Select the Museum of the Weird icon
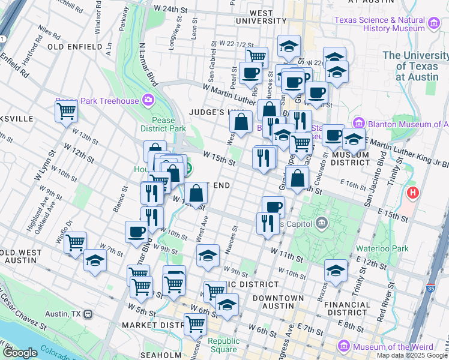343,346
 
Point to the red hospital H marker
413,194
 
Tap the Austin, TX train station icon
88,314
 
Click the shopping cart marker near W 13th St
66,111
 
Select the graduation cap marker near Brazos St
336,270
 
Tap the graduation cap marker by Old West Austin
95,261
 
